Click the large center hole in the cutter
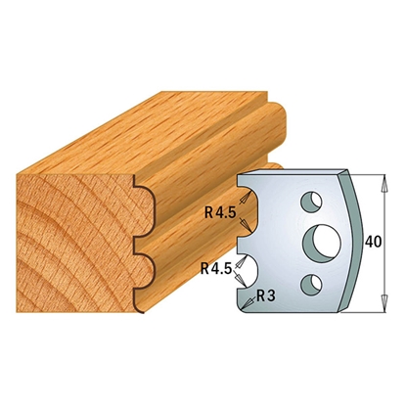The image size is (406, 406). point(322,242)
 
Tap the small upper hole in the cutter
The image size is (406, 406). point(311,201)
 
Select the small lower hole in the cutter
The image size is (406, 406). point(311,284)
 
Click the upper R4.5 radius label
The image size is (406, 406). point(220,213)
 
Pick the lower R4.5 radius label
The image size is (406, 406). point(215,269)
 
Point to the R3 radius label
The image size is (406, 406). point(266,296)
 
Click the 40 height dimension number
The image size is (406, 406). point(373,242)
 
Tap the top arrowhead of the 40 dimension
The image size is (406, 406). point(384,183)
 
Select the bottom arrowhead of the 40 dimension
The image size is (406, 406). point(384,302)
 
